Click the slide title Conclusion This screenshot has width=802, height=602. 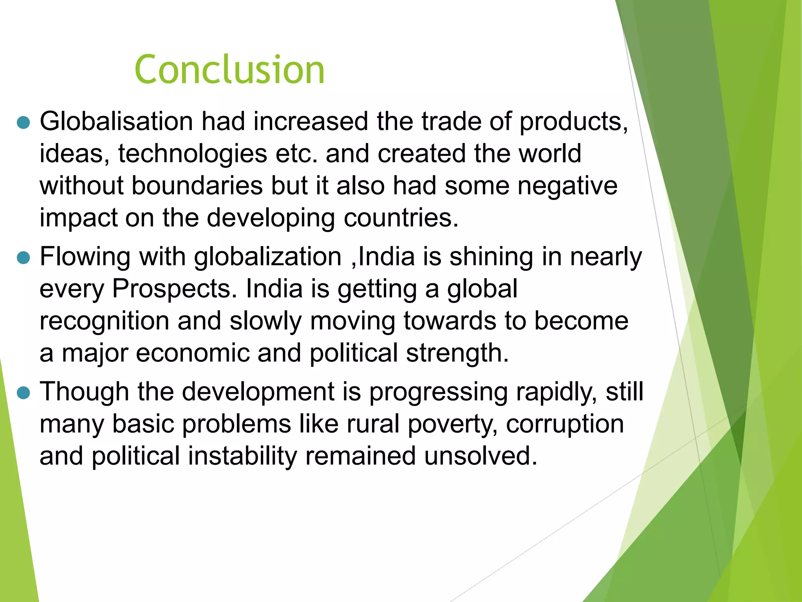[x=229, y=70]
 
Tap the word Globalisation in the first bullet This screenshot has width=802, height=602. [x=116, y=121]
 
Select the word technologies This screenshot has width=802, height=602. [x=193, y=153]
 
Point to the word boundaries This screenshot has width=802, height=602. [x=197, y=185]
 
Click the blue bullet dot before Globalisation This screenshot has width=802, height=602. [x=24, y=123]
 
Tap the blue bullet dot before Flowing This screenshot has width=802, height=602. [x=24, y=258]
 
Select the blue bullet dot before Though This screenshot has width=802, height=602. [x=24, y=393]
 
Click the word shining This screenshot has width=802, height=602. [x=491, y=257]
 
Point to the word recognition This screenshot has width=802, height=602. [x=104, y=321]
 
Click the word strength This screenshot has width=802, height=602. [x=457, y=353]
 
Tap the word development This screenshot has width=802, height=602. [x=258, y=392]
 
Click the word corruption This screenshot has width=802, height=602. [x=565, y=424]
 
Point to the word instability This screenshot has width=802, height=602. [x=242, y=456]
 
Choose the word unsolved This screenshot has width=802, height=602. [x=480, y=456]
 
